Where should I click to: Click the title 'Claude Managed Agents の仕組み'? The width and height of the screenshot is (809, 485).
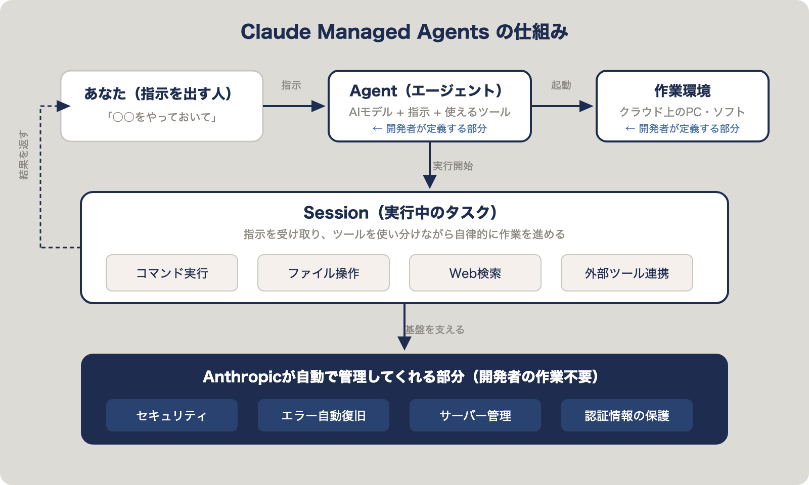tap(404, 32)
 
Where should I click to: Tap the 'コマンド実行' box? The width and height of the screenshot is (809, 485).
tap(172, 273)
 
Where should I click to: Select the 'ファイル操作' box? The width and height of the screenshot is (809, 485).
tap(324, 273)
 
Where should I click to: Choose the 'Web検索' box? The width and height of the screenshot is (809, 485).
tap(475, 273)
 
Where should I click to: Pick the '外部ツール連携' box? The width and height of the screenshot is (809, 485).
tap(627, 273)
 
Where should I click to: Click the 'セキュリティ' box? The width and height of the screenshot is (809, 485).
tap(172, 415)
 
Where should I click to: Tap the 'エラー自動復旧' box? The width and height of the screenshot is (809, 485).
tap(324, 415)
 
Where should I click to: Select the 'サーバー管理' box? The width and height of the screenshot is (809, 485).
tap(475, 415)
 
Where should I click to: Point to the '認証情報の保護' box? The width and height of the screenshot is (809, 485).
tap(627, 415)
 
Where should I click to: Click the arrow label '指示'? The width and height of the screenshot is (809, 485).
tap(291, 85)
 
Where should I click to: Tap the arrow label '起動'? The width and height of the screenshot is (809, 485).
tap(561, 85)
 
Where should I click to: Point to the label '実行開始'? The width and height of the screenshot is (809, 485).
tap(453, 166)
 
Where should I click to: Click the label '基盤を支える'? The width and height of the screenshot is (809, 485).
tap(435, 329)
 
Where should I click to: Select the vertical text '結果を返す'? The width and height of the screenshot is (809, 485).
tap(24, 155)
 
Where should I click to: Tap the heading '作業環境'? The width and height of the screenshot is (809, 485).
tap(682, 91)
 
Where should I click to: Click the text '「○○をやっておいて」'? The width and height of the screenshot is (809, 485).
tap(162, 117)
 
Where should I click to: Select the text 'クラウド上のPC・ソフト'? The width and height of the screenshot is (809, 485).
tap(682, 112)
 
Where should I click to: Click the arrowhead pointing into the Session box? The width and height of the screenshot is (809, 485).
tap(430, 182)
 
